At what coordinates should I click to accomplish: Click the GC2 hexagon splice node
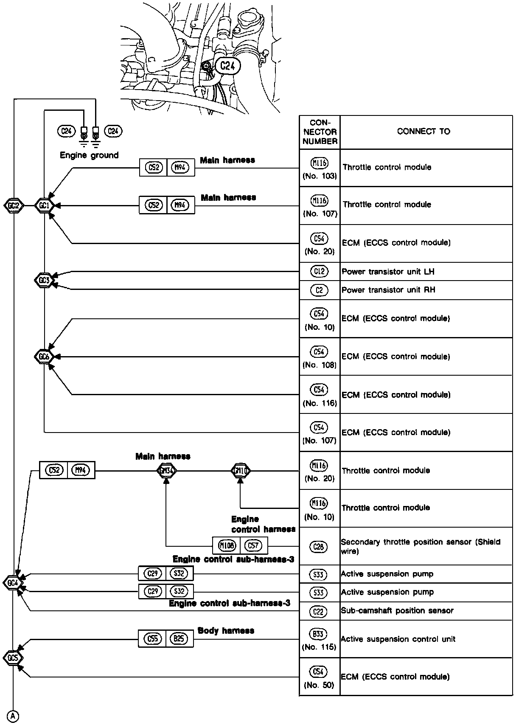14,206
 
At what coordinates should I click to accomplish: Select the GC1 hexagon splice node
44,206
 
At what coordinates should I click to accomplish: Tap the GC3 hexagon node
44,280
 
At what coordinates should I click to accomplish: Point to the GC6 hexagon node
44,357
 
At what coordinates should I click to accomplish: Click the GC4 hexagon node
13,583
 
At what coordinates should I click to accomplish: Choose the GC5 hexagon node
13,658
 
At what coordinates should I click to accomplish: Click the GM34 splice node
166,470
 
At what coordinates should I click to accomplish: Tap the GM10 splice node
241,470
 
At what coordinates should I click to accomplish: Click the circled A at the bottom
14,716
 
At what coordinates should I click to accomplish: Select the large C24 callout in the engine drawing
227,66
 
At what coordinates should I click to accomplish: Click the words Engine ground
89,155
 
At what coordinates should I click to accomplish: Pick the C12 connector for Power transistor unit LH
320,271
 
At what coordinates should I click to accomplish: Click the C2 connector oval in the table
320,290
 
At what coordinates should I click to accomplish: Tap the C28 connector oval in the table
319,547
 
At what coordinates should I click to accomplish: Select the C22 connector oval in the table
319,611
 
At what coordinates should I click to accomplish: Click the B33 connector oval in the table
319,635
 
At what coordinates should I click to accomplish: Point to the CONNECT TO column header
423,132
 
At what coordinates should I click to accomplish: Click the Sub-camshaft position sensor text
397,611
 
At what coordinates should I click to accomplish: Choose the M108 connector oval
227,545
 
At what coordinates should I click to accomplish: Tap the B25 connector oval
179,638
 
